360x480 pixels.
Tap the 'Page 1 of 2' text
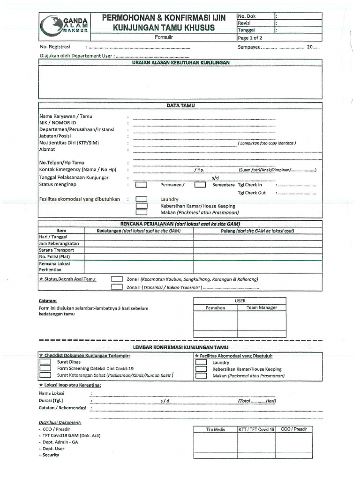(x=251, y=38)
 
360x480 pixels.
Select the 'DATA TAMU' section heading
(x=180, y=106)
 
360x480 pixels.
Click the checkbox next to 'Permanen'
(x=141, y=185)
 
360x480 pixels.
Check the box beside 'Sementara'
(x=200, y=185)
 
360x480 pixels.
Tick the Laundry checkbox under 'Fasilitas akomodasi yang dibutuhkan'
(x=141, y=199)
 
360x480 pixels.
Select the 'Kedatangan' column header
(x=139, y=231)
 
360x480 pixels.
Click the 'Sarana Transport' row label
(x=56, y=250)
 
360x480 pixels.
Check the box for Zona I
(x=117, y=279)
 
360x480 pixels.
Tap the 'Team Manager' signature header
(x=262, y=307)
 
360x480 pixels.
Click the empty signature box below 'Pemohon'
(x=215, y=322)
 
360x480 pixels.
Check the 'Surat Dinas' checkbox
(x=45, y=362)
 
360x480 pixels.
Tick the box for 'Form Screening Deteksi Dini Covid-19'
(x=45, y=368)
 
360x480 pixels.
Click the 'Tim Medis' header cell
(x=216, y=429)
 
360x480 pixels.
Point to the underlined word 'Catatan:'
(x=47, y=300)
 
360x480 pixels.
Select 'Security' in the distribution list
(x=51, y=455)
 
